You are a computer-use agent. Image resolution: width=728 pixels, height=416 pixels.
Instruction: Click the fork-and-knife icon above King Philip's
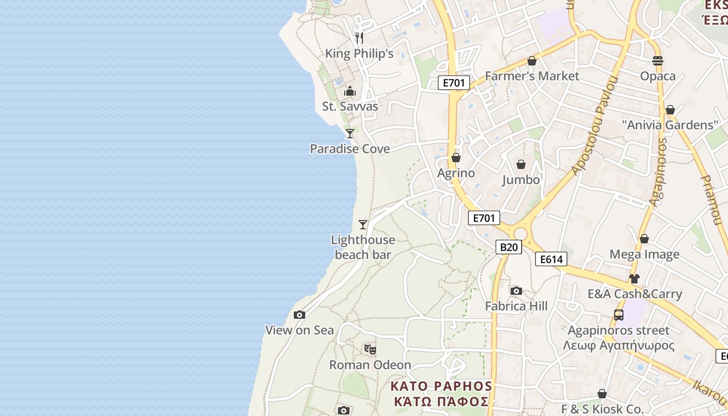coord(359,37)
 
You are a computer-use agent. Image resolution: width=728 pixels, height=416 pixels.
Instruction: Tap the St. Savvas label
coord(350,107)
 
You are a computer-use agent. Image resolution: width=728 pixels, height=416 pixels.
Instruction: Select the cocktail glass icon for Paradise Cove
coord(350,134)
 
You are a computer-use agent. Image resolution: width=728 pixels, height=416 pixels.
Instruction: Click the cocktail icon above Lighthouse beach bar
coord(363,225)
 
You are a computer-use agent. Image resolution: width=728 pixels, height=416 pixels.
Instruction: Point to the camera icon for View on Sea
coord(300,315)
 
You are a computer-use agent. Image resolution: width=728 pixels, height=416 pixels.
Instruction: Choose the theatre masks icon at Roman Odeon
coord(370,349)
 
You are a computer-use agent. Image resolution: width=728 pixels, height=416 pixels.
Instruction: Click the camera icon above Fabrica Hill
coord(516,291)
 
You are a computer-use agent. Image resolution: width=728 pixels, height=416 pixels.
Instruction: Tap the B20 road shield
coord(508,247)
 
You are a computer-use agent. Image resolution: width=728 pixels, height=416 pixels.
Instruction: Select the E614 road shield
coord(551,259)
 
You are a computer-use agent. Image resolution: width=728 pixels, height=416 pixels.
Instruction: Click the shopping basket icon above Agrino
coord(456,158)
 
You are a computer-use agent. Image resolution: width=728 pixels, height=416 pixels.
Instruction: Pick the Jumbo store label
coord(521,180)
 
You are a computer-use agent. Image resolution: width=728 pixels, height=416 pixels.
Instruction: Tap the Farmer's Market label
coord(532,76)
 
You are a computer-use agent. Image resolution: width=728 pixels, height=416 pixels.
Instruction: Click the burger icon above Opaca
coord(658,61)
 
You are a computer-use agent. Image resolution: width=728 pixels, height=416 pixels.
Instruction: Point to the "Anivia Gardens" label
coord(670,125)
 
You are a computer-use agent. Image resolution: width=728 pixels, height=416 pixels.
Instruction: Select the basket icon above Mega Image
coord(644,239)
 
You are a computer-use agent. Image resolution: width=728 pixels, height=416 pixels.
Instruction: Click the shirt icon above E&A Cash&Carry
coord(634,279)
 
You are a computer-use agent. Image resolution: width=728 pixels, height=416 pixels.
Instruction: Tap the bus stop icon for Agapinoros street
coord(619,315)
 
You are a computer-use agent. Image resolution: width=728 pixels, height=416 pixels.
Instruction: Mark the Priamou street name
coord(711,200)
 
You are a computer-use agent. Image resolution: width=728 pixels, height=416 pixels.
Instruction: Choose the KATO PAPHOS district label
coord(441,386)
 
